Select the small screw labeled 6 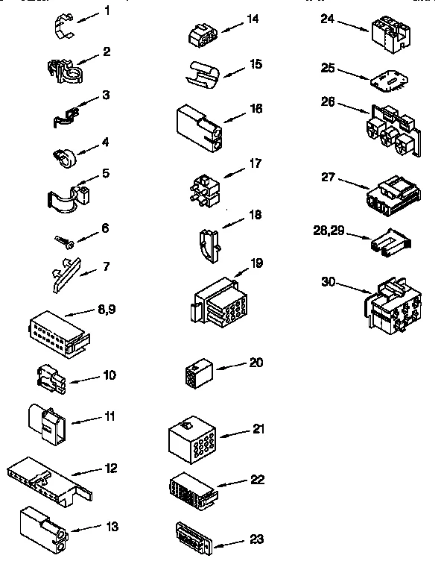click(x=63, y=240)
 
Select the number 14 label click(x=253, y=19)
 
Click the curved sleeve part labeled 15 click(x=203, y=72)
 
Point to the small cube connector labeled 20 click(x=197, y=373)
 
